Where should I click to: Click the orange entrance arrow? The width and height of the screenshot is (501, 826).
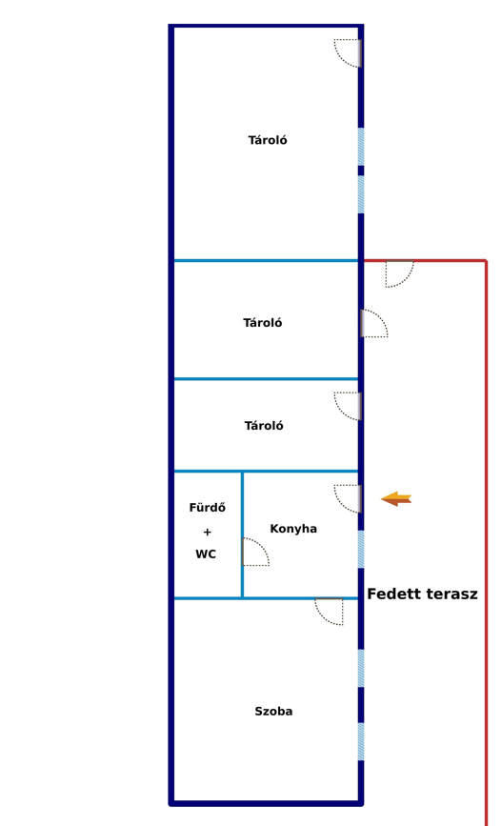click(396, 498)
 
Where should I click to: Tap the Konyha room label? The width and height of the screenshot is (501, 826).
click(293, 529)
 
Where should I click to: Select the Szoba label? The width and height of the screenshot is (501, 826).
click(273, 711)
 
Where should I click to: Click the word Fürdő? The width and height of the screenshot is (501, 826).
click(208, 507)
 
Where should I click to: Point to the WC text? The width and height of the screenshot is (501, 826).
click(206, 554)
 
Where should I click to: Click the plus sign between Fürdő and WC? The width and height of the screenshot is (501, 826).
click(207, 532)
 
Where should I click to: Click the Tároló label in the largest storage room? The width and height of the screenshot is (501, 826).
click(268, 140)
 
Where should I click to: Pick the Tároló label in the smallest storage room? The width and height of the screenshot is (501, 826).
click(264, 426)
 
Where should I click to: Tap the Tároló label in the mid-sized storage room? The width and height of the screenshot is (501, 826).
click(262, 322)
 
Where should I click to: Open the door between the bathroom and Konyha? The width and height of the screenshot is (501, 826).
click(256, 552)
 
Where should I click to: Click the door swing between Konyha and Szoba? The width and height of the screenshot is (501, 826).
click(330, 612)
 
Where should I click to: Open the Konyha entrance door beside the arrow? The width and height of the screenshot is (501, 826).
click(348, 498)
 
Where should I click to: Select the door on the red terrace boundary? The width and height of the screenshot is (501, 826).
click(399, 274)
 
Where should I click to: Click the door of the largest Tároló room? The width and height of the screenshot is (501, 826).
click(348, 53)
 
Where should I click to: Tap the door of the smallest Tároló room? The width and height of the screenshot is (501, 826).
click(348, 406)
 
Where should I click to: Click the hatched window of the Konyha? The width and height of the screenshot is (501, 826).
click(361, 549)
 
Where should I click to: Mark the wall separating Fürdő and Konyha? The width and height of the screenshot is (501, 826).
click(242, 534)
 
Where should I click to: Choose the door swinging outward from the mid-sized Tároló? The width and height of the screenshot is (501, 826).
click(374, 323)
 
